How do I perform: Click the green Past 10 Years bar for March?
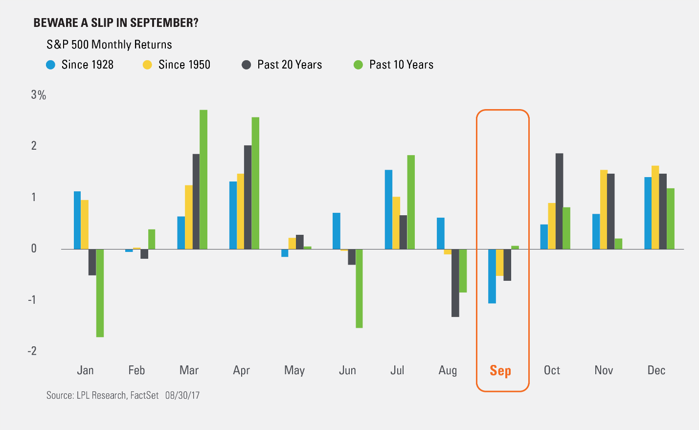[x=203, y=180]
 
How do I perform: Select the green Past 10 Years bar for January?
[x=100, y=293]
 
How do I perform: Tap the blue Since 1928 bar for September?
[x=492, y=276]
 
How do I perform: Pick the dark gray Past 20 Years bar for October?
[x=559, y=201]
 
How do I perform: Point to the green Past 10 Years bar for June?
[x=359, y=289]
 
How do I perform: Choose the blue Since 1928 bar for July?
[x=388, y=209]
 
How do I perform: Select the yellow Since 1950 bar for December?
[x=655, y=207]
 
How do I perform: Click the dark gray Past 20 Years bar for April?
[x=248, y=197]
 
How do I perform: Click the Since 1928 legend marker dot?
[x=50, y=65]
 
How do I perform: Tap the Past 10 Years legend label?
[x=401, y=65]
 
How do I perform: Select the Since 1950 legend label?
[x=184, y=65]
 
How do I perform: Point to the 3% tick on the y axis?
[x=38, y=95]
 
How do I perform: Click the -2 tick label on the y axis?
[x=32, y=351]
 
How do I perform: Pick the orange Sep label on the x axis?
[x=500, y=370]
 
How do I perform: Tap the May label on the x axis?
[x=294, y=370]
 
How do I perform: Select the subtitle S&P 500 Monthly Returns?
[x=109, y=45]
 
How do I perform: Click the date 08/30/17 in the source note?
[x=182, y=395]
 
